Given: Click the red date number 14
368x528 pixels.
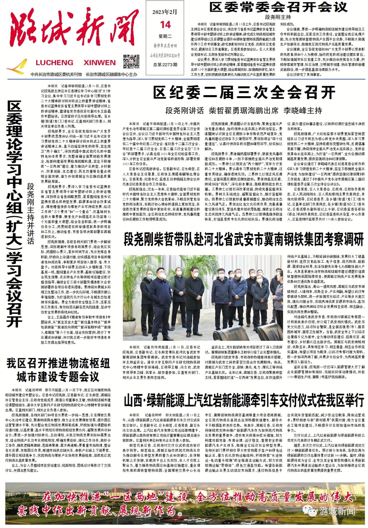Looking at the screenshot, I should pyautogui.click(x=165, y=25).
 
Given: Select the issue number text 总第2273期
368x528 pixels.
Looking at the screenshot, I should pyautogui.click(x=165, y=65).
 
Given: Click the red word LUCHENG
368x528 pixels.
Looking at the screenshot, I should pyautogui.click(x=54, y=63).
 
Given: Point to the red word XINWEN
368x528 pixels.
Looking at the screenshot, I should pyautogui.click(x=99, y=63).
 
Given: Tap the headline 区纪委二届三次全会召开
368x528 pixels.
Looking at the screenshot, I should pyautogui.click(x=244, y=93).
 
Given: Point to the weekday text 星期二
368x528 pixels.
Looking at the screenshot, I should pyautogui.click(x=165, y=36).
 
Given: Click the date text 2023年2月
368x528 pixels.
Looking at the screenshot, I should pyautogui.click(x=165, y=12).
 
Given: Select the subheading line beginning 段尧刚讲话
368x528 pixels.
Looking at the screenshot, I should pyautogui.click(x=244, y=111).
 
